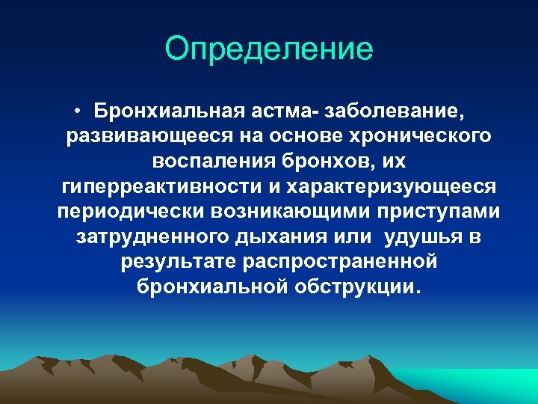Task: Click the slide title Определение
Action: click(269, 49)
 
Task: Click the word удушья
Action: click(423, 238)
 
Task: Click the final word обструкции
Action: click(359, 288)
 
